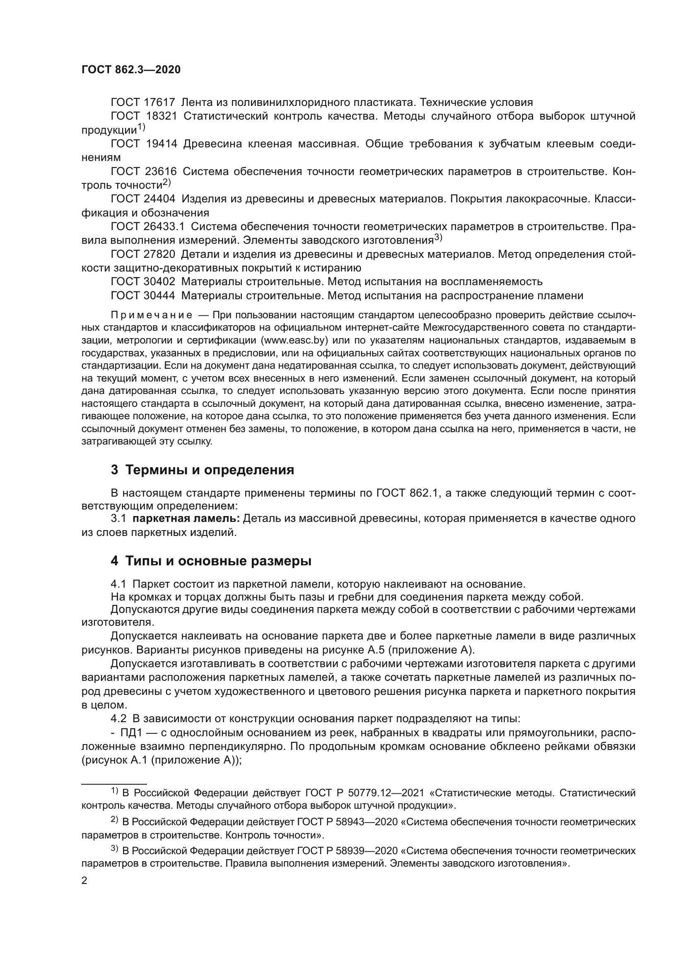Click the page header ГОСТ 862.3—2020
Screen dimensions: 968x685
pos(131,70)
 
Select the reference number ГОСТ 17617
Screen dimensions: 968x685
pos(143,103)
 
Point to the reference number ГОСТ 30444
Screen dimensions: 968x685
pos(143,295)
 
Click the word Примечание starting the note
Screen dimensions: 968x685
pos(152,315)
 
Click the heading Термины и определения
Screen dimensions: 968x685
pos(210,470)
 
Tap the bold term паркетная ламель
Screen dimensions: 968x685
pos(186,519)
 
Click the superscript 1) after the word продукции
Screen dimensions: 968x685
pos(141,127)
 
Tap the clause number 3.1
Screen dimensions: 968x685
pos(118,519)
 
